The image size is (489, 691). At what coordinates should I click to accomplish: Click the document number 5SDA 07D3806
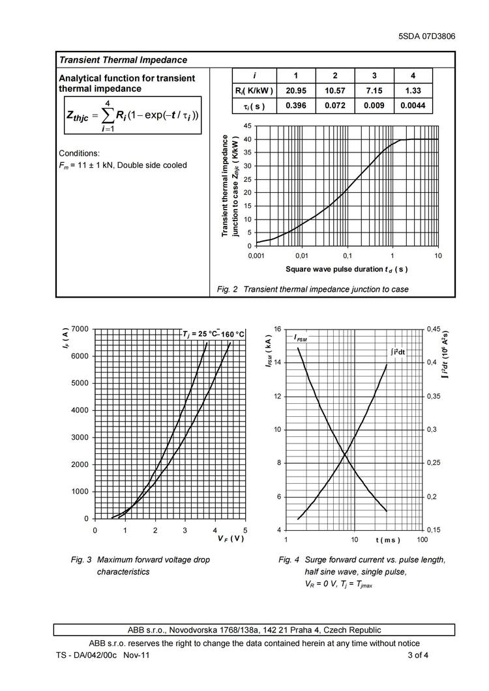pos(426,36)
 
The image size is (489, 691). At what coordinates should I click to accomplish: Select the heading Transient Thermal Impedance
pos(123,60)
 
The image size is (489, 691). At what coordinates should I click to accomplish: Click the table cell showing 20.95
pos(296,91)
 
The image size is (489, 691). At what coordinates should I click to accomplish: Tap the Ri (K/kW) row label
pos(254,91)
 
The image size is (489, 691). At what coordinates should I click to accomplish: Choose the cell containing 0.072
pos(334,106)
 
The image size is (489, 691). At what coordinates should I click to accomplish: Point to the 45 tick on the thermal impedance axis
pos(246,125)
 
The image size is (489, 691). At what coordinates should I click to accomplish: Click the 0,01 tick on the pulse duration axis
pos(301,255)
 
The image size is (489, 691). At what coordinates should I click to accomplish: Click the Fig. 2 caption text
pos(313,289)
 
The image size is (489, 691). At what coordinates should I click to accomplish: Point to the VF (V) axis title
pos(231,539)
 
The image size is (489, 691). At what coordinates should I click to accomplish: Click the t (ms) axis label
pos(388,541)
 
